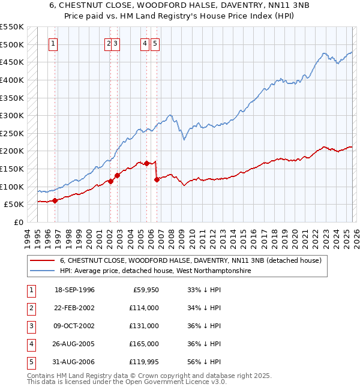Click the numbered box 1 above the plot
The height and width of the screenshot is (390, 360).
tap(53, 43)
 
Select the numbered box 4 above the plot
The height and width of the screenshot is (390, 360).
tap(145, 43)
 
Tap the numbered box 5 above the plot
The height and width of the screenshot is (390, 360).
tap(155, 43)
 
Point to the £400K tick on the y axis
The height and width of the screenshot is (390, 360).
tap(12, 80)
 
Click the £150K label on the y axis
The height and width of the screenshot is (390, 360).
tap(12, 169)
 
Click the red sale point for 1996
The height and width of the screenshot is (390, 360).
tap(55, 201)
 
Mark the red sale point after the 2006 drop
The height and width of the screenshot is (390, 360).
tap(157, 179)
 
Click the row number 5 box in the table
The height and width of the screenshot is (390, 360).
tap(30, 362)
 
